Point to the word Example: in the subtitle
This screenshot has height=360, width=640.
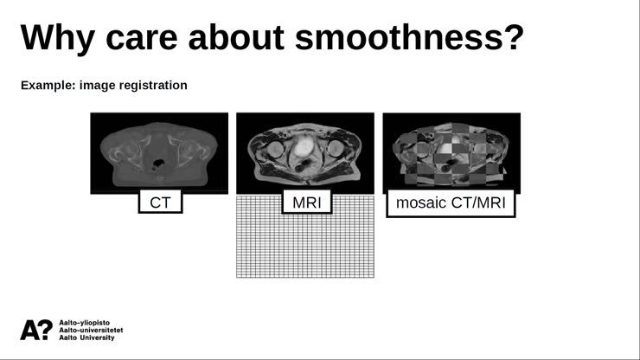coord(48,86)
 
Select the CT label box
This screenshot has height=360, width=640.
coord(160,202)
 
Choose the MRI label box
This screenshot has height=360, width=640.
coord(305,203)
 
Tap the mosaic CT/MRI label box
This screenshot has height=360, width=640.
coord(451,203)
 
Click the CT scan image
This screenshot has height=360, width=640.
coord(159,152)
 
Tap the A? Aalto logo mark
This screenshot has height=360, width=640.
coord(35,329)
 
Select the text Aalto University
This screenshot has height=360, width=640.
coord(86,337)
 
